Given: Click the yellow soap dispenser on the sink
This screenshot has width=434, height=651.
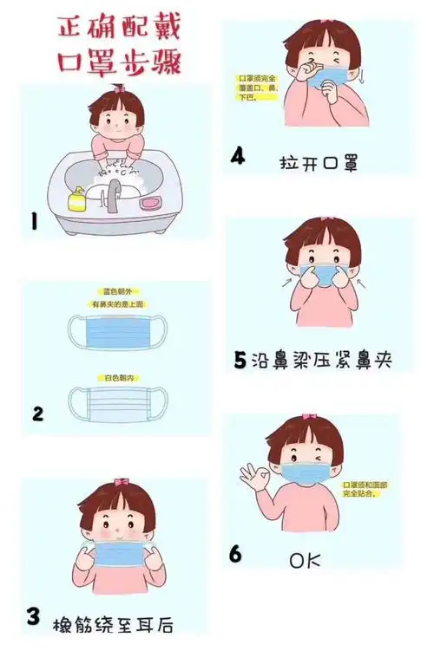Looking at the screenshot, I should click(77, 199).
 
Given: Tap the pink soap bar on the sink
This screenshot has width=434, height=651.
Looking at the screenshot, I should click(152, 202).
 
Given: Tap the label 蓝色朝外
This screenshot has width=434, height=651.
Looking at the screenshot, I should click(115, 292).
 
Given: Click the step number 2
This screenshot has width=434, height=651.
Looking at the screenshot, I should click(37, 413).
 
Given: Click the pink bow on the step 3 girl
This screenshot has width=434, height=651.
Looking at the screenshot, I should click(121, 482).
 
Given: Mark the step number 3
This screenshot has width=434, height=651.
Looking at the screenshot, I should click(33, 616).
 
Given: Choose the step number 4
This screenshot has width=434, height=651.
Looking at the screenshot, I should click(238, 157).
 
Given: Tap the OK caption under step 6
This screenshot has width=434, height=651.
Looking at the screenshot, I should click(305, 561).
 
